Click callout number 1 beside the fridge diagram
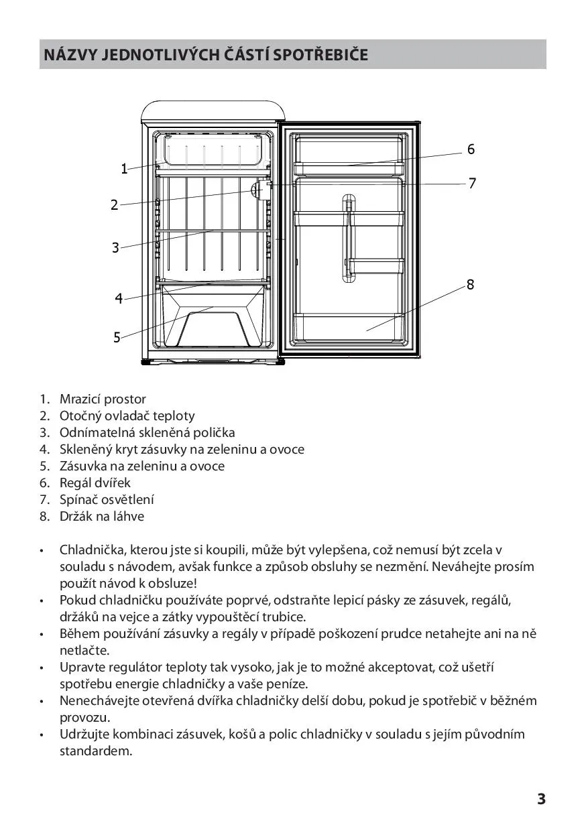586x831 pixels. [124, 169]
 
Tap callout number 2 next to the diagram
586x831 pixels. [114, 205]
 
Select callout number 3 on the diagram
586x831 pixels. [115, 247]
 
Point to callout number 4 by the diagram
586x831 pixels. [119, 298]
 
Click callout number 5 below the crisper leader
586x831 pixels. [117, 337]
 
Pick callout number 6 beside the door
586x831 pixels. [471, 149]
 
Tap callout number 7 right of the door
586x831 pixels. [472, 183]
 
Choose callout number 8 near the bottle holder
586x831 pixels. [470, 285]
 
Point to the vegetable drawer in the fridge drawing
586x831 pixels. [213, 317]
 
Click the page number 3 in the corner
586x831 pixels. [542, 799]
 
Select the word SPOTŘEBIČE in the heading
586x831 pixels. [320, 55]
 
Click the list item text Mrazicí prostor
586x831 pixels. [103, 399]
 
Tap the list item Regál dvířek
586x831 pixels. [95, 483]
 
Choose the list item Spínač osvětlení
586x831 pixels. [107, 500]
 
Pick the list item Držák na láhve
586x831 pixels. [102, 517]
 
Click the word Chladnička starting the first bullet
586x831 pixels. [93, 550]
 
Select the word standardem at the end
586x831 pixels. [96, 751]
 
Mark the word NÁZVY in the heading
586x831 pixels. [70, 55]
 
